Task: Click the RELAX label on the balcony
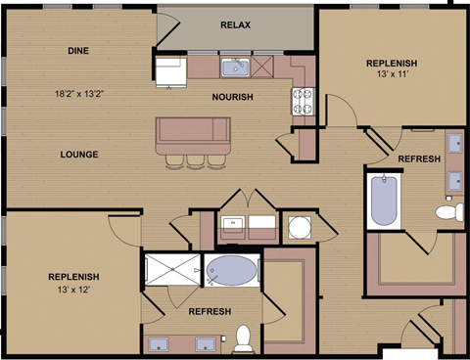point(235,24)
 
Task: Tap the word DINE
point(80,50)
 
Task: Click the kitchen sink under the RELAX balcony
point(235,67)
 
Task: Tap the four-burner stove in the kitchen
point(300,98)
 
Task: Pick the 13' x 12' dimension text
point(73,291)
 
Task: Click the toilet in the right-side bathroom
point(447,211)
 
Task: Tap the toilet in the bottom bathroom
point(243,338)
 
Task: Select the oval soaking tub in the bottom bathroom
point(231,270)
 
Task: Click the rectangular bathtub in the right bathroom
point(381,201)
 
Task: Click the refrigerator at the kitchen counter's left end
point(173,70)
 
